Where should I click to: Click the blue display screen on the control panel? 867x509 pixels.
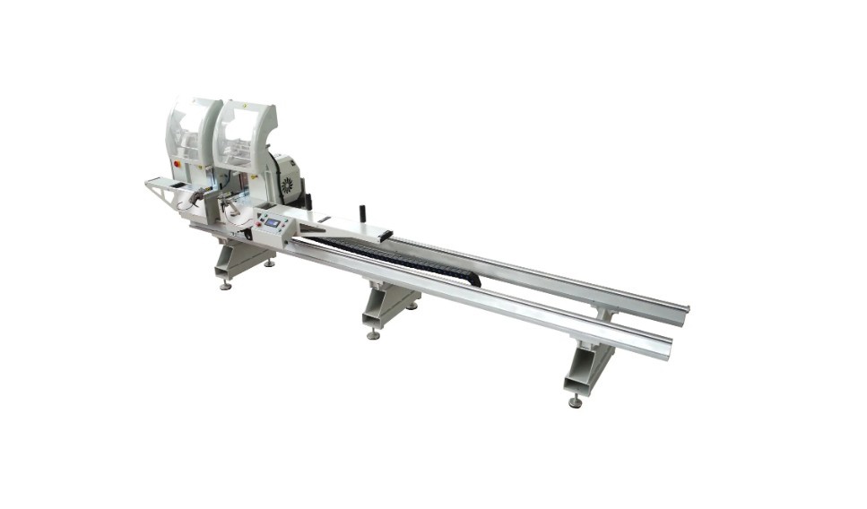pos(272,222)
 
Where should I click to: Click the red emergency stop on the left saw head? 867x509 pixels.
pos(176,165)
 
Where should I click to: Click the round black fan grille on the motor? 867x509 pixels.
pos(286,185)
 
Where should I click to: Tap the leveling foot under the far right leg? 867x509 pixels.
pos(575,402)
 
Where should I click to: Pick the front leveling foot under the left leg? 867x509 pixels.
pos(226,286)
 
